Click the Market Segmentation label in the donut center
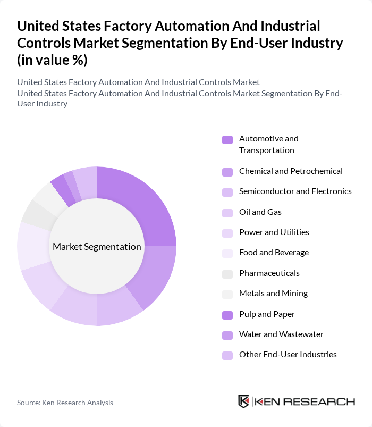pyautogui.click(x=97, y=247)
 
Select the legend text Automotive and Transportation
pyautogui.click(x=268, y=144)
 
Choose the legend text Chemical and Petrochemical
pyautogui.click(x=291, y=171)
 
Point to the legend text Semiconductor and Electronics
pyautogui.click(x=295, y=191)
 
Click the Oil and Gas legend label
pyautogui.click(x=260, y=212)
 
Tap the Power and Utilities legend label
pyautogui.click(x=274, y=232)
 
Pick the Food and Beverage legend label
pyautogui.click(x=274, y=253)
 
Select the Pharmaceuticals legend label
pyautogui.click(x=269, y=273)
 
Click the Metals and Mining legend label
pyautogui.click(x=273, y=294)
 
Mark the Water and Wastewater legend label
pyautogui.click(x=281, y=334)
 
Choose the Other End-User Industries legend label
pyautogui.click(x=288, y=355)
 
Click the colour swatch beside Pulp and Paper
pyautogui.click(x=227, y=314)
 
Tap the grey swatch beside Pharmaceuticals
pyautogui.click(x=227, y=273)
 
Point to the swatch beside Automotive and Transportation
pyautogui.click(x=227, y=139)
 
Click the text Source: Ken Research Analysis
pyautogui.click(x=65, y=403)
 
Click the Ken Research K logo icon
pyautogui.click(x=243, y=401)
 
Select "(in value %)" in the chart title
pyautogui.click(x=52, y=61)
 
